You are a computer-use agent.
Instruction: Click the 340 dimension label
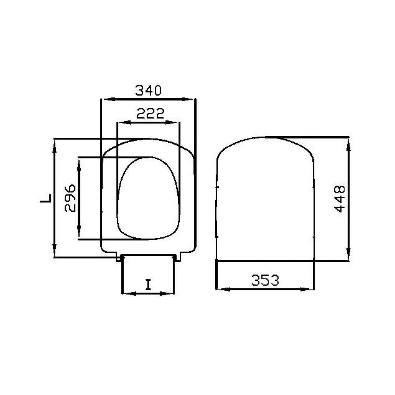point(148,90)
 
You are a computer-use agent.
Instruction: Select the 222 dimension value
point(150,113)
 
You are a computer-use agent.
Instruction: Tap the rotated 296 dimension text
point(70,198)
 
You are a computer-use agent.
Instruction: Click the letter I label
point(149,285)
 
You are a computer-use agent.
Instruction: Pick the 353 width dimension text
point(265,280)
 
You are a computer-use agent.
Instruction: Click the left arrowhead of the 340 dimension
point(108,99)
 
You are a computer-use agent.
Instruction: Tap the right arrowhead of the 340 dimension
point(188,99)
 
